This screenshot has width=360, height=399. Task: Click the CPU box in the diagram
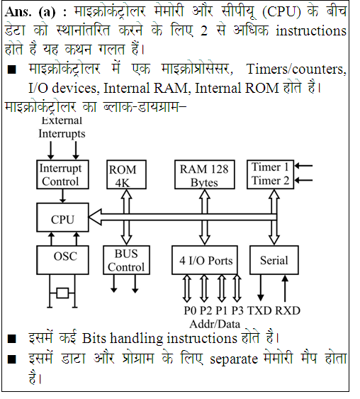62,218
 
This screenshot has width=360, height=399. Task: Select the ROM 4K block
126,174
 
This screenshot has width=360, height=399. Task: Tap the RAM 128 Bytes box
205,174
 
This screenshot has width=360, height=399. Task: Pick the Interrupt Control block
62,174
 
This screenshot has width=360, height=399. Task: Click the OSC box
62,260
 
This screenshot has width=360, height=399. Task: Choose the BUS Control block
126,260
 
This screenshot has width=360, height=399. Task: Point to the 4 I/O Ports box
205,260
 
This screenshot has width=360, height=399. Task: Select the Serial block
274,260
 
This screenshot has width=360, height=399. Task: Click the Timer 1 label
270,167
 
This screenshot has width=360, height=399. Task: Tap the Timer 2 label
270,181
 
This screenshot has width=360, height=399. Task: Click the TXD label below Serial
259,310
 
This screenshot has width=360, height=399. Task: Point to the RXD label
288,310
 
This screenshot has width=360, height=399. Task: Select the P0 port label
191,310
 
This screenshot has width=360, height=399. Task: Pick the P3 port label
237,310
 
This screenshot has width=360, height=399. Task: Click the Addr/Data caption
215,324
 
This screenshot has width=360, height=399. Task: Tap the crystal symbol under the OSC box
62,293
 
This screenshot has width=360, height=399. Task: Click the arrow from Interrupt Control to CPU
62,196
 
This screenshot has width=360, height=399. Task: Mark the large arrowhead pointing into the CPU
95,217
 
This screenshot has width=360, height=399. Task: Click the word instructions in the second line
311,30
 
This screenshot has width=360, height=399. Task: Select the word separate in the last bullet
234,359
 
